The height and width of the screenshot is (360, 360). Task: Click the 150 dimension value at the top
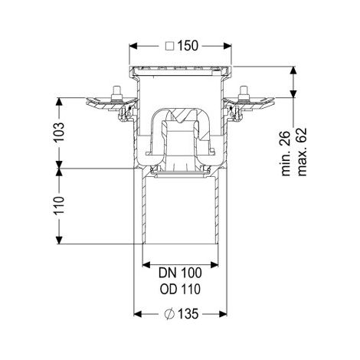tap(188, 46)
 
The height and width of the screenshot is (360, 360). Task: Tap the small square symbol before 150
tap(170, 47)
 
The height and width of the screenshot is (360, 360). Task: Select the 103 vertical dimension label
tap(59, 133)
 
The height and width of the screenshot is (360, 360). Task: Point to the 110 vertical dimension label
tap(59, 206)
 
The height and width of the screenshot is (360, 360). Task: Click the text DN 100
tap(180, 273)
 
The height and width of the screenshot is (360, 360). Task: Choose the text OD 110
tap(180, 290)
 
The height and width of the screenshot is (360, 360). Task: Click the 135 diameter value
tap(188, 314)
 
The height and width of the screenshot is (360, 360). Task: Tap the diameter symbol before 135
tap(169, 314)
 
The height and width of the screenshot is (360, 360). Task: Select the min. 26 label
tap(286, 153)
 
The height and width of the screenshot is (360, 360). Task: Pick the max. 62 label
tap(302, 152)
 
